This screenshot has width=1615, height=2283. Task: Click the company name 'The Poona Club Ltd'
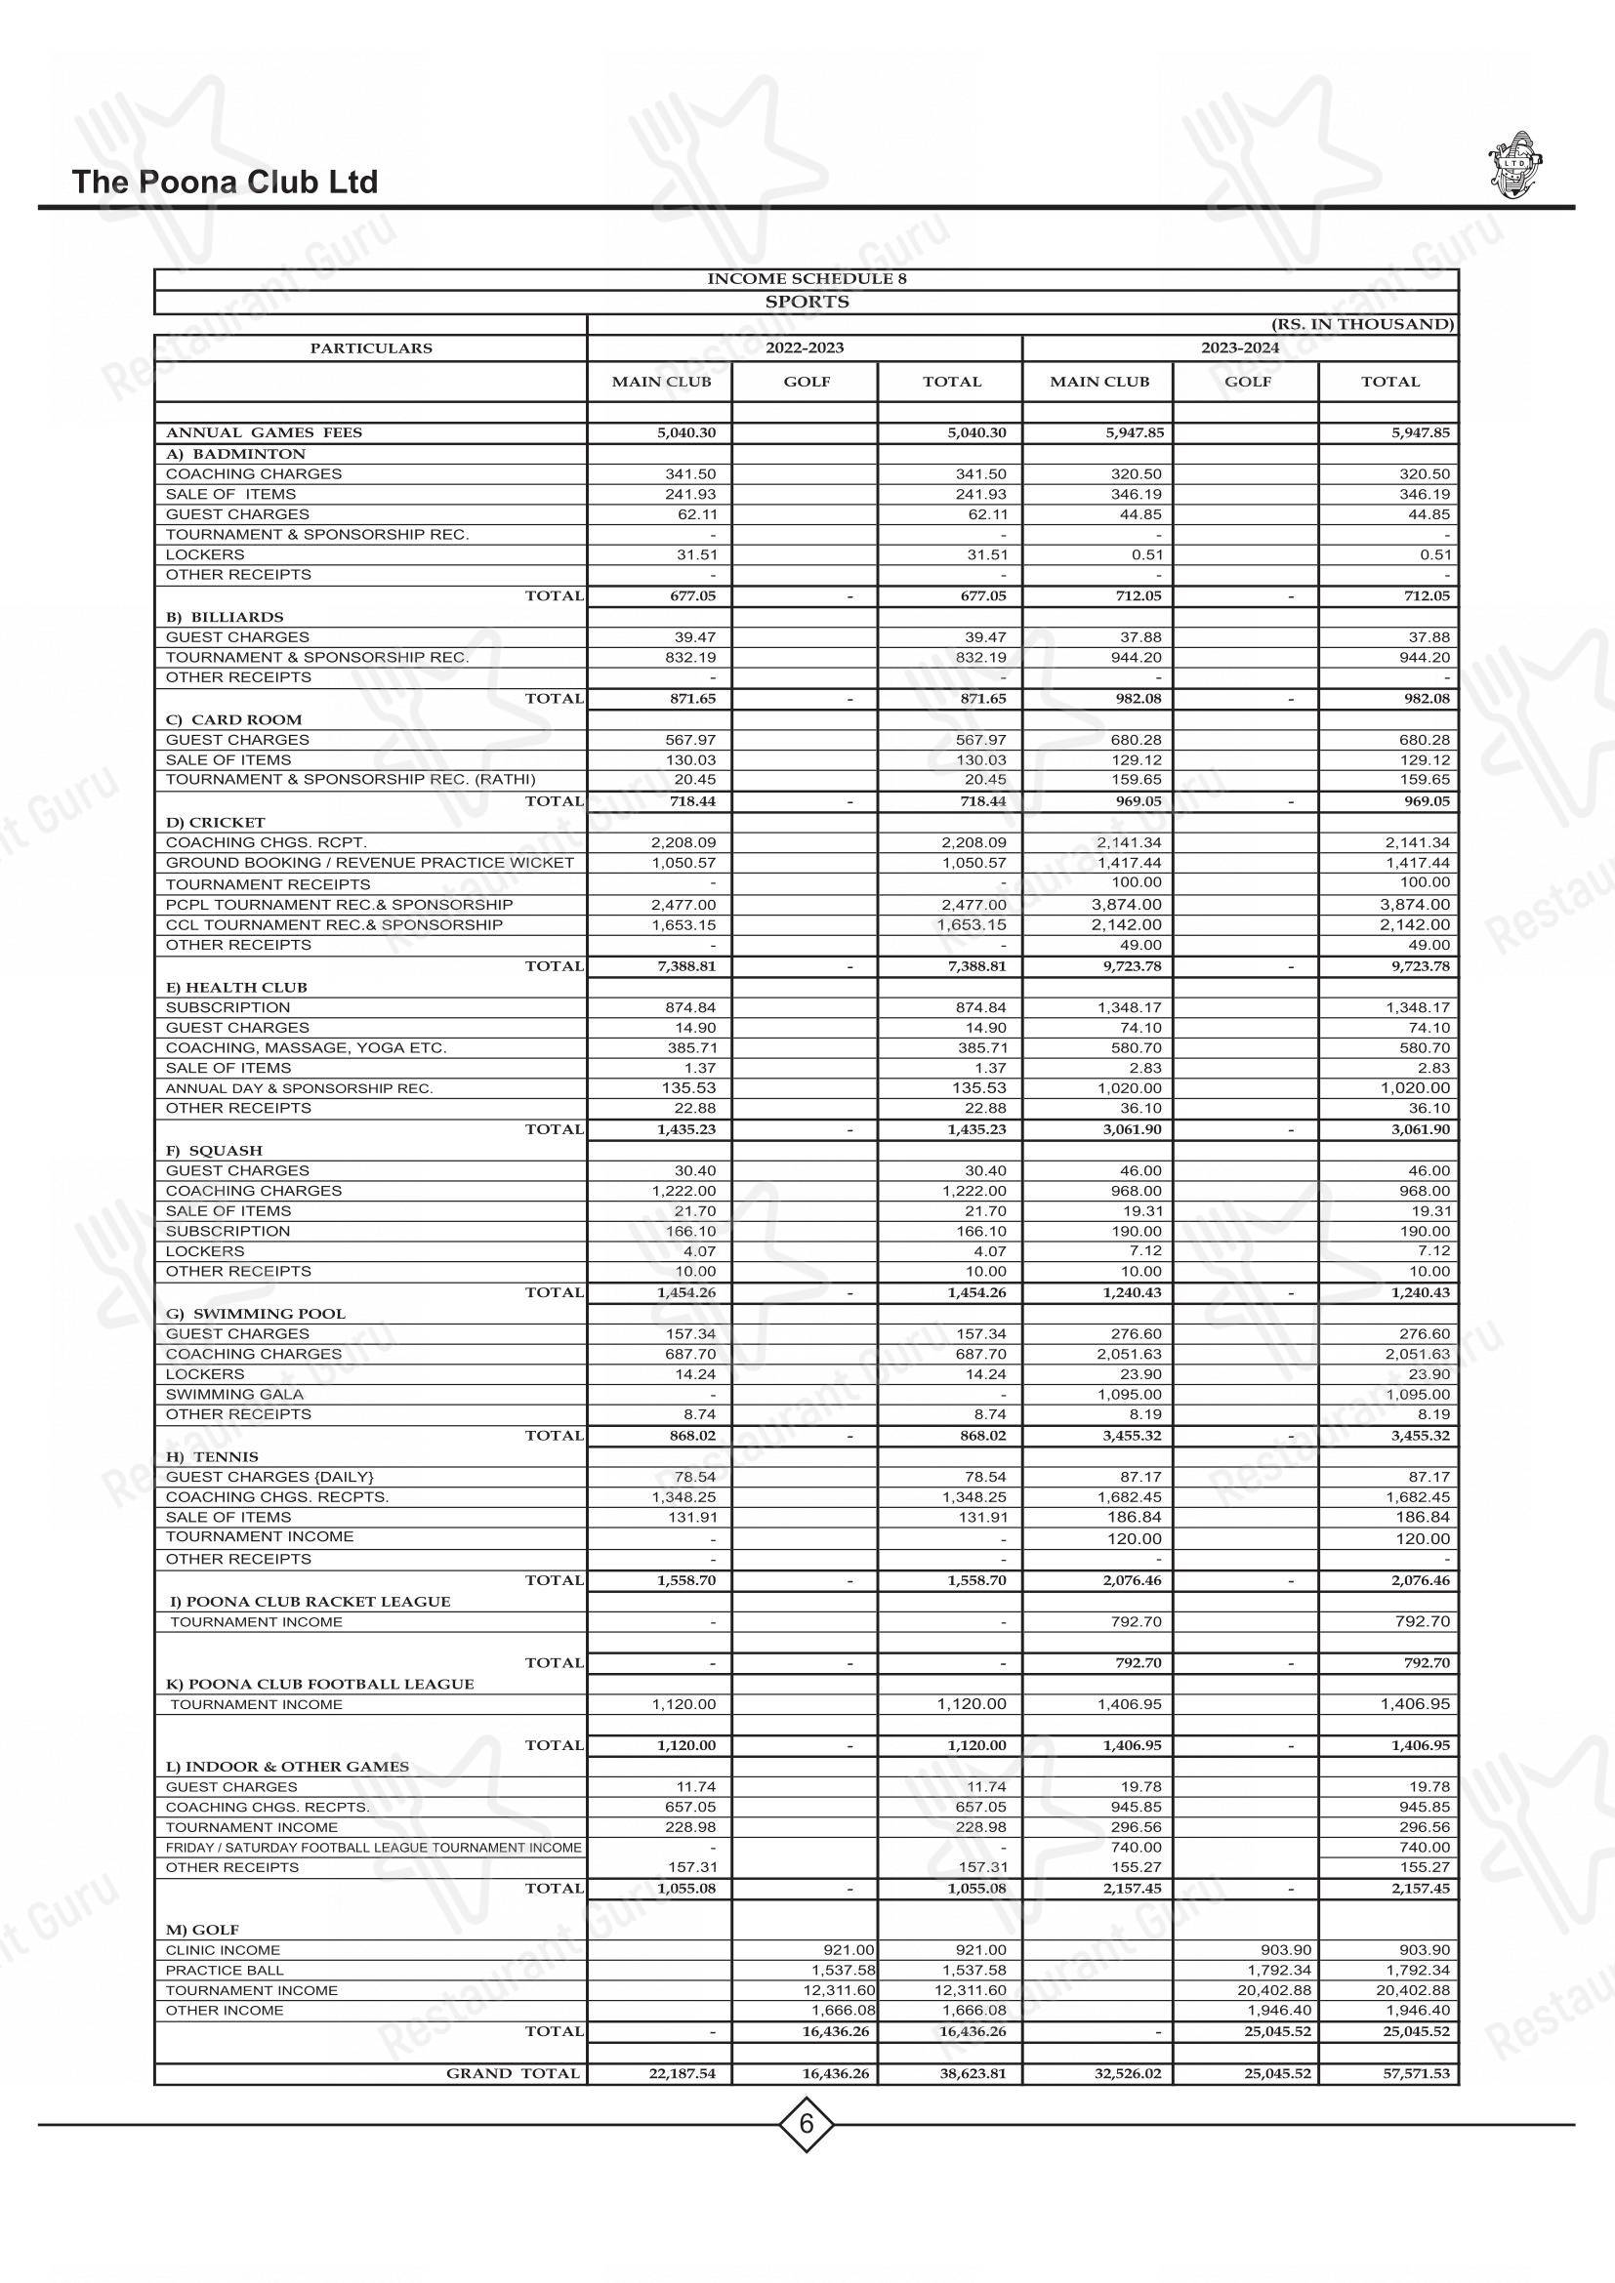[225, 182]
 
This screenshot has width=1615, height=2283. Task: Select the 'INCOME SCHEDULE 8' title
[807, 278]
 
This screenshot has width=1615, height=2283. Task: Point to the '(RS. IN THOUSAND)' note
[1361, 324]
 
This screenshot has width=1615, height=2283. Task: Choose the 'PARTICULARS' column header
[371, 348]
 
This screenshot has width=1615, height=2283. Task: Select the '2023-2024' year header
[1239, 348]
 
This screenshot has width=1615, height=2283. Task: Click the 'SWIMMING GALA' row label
[221, 1394]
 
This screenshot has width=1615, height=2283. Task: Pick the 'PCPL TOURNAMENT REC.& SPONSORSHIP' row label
[339, 905]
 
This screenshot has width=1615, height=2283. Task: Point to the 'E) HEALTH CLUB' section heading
[236, 988]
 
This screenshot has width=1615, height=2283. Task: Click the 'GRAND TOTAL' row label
[513, 2073]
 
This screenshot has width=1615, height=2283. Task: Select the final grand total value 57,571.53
[1406, 2074]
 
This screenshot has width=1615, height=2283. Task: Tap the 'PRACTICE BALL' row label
[225, 1970]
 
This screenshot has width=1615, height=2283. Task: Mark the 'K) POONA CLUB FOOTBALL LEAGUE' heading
[319, 1684]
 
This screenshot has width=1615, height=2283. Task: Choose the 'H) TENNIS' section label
[212, 1456]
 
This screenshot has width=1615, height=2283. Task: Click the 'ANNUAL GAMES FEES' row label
[264, 432]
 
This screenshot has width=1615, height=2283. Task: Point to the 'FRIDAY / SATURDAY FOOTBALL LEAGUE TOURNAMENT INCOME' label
[373, 1848]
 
